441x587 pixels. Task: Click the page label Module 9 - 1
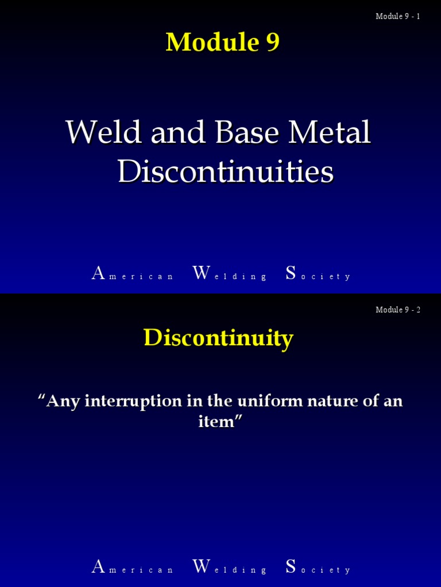[x=398, y=16]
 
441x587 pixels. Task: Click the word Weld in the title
[x=104, y=132]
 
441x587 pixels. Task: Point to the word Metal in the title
[x=330, y=132]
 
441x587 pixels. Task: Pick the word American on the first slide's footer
[x=133, y=273]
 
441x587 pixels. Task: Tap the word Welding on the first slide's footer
[x=230, y=273]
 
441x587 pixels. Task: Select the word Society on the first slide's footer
[x=318, y=273]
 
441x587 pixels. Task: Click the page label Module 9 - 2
[x=398, y=310]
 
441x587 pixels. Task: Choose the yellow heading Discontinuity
[x=219, y=338]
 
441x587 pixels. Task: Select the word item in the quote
[x=216, y=421]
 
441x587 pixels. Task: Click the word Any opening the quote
[x=62, y=402]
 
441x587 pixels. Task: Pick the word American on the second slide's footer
[x=133, y=567]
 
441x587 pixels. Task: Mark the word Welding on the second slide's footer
[x=230, y=567]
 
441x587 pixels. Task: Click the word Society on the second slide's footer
[x=318, y=567]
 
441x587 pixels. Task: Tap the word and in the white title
[x=178, y=132]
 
